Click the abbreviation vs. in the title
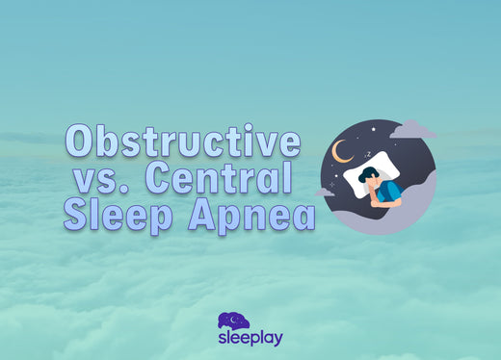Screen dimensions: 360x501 pyautogui.click(x=107, y=179)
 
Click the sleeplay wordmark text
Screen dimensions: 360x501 pyautogui.click(x=250, y=340)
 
